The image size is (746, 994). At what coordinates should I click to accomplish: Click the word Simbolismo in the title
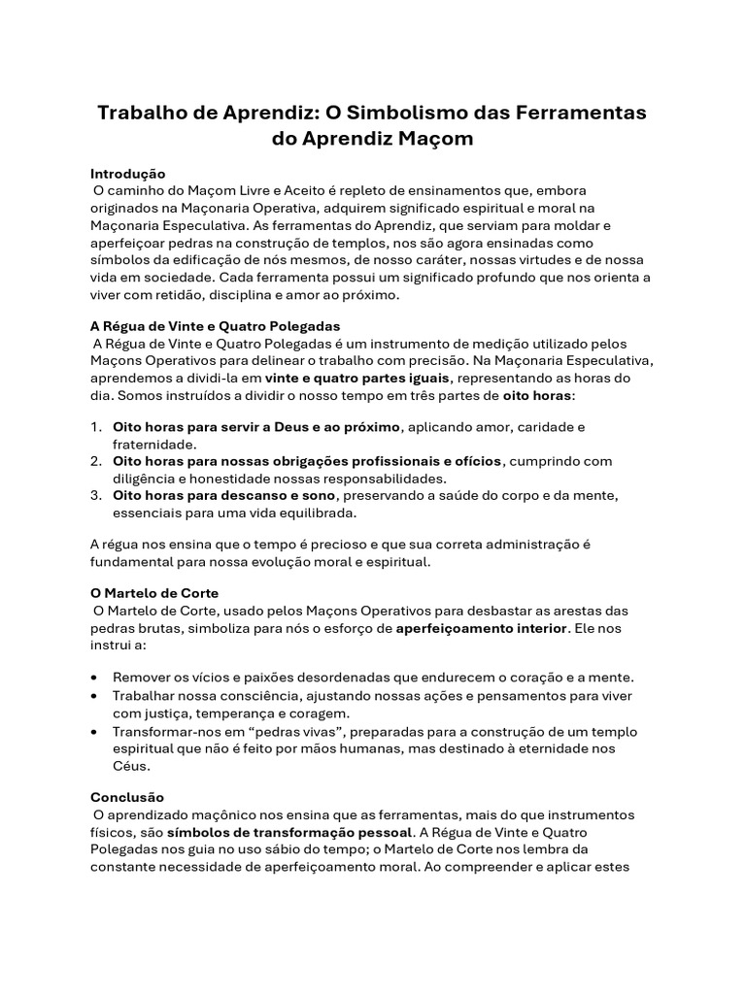tap(401, 113)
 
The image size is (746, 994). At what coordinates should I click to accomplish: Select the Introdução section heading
tap(128, 173)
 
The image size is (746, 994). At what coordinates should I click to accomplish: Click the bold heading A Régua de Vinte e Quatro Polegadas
tap(216, 326)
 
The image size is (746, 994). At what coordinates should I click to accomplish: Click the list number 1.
tap(96, 427)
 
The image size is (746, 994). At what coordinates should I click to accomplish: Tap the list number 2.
tap(96, 461)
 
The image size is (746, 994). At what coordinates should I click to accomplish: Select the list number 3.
tap(96, 495)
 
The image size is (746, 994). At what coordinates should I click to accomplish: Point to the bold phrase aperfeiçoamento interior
tap(481, 628)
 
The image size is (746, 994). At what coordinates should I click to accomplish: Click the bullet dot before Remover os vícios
tap(93, 678)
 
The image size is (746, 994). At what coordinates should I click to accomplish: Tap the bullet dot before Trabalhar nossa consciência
tap(93, 697)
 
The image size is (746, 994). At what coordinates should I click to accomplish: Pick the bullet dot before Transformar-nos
tap(93, 731)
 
